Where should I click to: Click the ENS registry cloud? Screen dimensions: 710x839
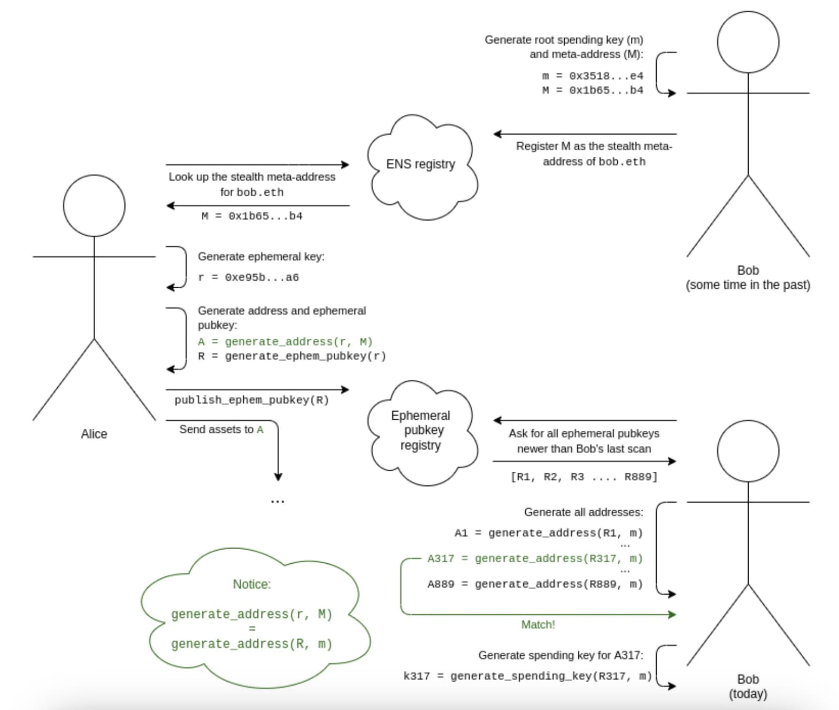[421, 165]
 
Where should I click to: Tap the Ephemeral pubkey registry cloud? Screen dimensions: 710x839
[421, 430]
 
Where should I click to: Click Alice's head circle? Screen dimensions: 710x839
[94, 206]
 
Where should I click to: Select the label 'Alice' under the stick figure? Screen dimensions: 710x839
[94, 434]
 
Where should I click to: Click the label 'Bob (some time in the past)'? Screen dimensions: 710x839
[748, 278]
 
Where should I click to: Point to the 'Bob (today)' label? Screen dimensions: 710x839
[748, 686]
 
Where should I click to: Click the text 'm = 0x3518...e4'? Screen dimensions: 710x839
[592, 76]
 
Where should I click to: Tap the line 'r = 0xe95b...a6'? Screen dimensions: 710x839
[248, 277]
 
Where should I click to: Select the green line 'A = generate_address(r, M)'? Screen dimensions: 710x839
[285, 342]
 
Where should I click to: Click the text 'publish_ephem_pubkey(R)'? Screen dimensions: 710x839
[252, 400]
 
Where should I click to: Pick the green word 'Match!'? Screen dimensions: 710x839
[538, 624]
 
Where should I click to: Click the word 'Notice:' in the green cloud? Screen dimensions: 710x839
[252, 584]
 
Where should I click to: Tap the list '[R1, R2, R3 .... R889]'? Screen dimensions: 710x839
[584, 477]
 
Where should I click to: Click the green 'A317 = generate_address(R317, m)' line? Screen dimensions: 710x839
[535, 559]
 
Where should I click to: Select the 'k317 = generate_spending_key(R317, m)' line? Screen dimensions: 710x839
[527, 676]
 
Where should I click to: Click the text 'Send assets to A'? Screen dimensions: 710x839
[221, 430]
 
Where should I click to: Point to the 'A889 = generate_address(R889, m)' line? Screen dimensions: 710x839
[535, 584]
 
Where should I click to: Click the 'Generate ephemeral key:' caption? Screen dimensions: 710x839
[261, 257]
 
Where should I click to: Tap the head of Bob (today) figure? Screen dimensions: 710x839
[748, 451]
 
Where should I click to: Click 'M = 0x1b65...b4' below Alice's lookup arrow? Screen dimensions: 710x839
[252, 216]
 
